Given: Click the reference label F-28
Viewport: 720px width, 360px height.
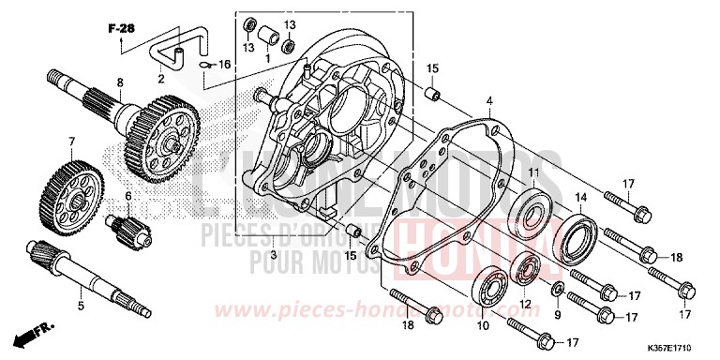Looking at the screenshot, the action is pyautogui.click(x=121, y=29).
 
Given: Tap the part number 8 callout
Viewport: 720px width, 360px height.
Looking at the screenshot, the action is pyautogui.click(x=119, y=83).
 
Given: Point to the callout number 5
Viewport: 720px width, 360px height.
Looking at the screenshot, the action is pyautogui.click(x=81, y=304).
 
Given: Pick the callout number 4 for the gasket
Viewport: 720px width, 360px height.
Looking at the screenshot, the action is pyautogui.click(x=488, y=99).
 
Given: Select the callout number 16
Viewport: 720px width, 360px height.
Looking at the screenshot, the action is pyautogui.click(x=224, y=64).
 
